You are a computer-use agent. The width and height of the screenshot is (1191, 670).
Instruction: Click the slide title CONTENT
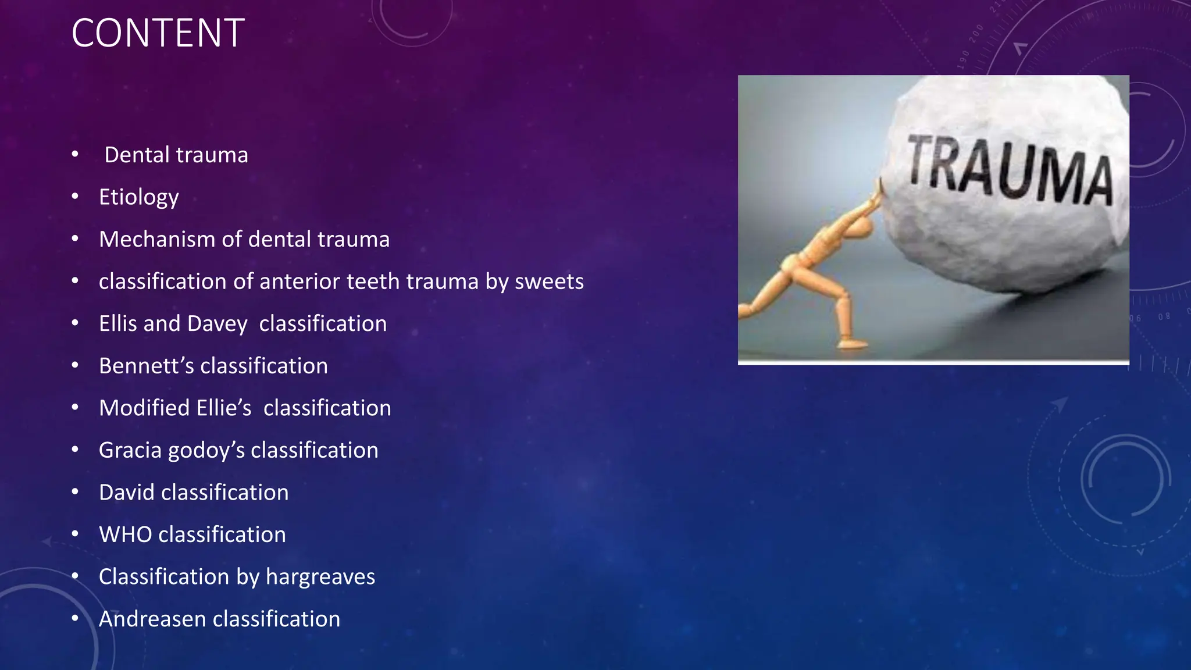(158, 33)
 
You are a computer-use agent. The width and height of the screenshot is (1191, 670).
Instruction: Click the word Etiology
(138, 197)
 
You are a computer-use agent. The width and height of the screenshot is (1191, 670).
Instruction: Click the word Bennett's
(146, 366)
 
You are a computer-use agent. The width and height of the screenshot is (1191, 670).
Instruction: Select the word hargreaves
(320, 577)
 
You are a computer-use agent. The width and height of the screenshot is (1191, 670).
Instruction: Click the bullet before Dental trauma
(75, 155)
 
